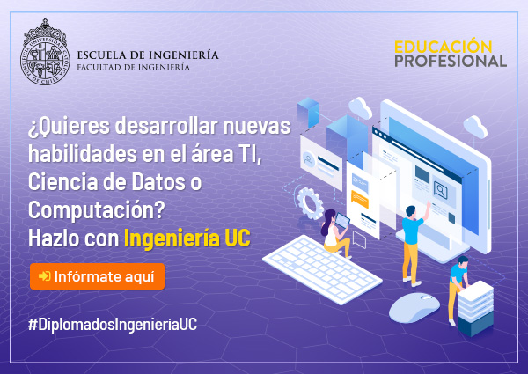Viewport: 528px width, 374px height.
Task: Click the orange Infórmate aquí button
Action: point(97,276)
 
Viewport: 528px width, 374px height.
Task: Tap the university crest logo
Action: point(45,52)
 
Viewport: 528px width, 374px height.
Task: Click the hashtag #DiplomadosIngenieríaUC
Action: point(113,325)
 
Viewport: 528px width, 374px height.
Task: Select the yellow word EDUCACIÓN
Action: point(444,47)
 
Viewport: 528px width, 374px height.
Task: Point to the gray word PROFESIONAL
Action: point(451,61)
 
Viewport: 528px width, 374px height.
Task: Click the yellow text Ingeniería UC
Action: point(187,238)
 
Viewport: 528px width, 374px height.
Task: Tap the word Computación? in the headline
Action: point(96,210)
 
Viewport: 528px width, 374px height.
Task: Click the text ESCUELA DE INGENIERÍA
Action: point(148,55)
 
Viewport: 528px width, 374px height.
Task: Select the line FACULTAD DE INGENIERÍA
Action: point(134,67)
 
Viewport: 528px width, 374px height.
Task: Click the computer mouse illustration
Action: point(414,307)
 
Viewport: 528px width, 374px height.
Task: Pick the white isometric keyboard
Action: point(322,268)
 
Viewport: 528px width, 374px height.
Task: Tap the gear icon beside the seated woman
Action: point(310,203)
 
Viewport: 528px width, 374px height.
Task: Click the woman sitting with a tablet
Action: point(334,233)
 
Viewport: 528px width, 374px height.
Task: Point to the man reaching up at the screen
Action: point(414,242)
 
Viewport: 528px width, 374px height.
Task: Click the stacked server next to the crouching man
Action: point(475,308)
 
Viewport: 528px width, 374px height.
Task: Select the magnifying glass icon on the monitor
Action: point(441,190)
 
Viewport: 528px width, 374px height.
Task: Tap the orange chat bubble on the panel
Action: point(360,198)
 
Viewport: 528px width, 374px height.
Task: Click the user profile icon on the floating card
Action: point(309,160)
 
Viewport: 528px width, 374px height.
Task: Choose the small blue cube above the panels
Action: point(308,112)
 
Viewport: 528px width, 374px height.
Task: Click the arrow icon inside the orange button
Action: point(45,276)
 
